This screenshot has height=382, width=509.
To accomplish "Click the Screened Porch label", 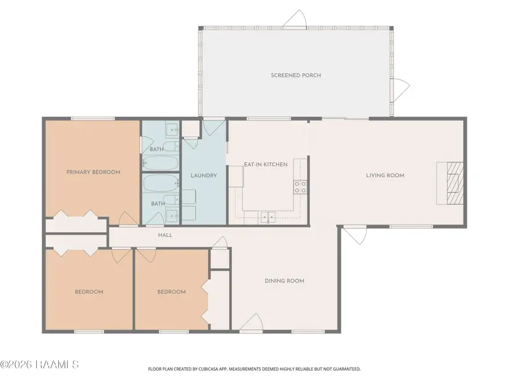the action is (x=296, y=75).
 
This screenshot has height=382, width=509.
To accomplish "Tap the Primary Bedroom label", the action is (x=93, y=172).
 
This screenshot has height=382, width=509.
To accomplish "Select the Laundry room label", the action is (x=204, y=175).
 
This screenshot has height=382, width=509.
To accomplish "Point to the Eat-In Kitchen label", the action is (x=266, y=164).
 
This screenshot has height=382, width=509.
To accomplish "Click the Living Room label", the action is (x=385, y=175).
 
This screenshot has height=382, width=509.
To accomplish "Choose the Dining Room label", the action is (x=284, y=281).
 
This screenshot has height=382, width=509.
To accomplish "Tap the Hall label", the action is (x=165, y=235).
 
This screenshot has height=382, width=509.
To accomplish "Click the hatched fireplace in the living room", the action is (x=455, y=183).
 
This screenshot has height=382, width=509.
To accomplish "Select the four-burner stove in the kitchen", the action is (x=300, y=187).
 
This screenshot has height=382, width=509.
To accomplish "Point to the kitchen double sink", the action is (x=268, y=216).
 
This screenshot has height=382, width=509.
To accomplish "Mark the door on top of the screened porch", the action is (x=295, y=19).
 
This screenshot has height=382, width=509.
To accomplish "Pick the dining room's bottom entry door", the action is (x=251, y=323).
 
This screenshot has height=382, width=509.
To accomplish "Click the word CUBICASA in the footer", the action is (x=209, y=369).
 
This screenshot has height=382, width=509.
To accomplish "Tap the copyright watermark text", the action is (x=40, y=364).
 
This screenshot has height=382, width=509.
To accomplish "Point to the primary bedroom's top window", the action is (x=93, y=119).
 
